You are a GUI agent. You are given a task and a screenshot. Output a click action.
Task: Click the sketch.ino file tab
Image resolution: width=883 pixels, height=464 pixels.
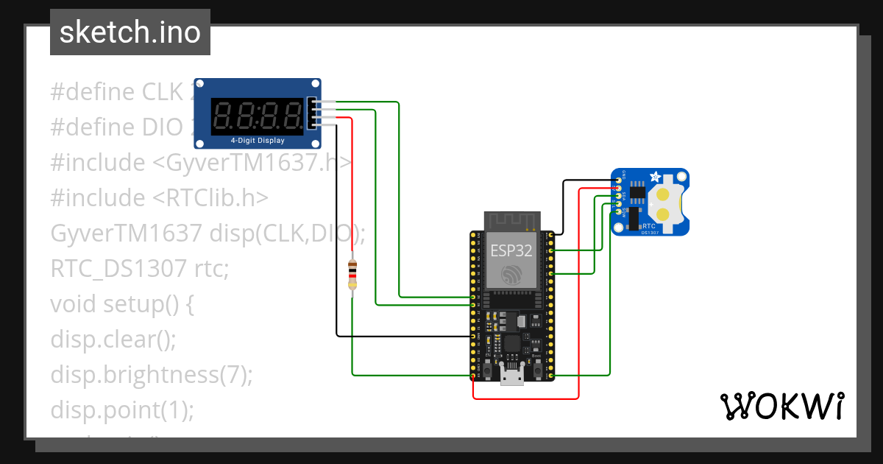click(130, 32)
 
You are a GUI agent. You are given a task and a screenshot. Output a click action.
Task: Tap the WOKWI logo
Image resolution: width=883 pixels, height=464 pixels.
click(781, 407)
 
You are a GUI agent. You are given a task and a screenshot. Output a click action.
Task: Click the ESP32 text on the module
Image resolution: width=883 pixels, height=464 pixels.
click(511, 250)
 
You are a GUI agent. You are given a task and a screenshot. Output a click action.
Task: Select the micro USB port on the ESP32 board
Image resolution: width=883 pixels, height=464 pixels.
click(511, 376)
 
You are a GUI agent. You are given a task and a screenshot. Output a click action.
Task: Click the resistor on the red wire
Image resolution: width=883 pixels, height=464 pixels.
click(352, 275)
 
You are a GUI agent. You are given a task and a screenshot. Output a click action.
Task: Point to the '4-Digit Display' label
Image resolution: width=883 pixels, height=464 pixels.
click(258, 140)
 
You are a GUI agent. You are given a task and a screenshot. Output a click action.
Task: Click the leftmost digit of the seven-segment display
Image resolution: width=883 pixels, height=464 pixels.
click(223, 116)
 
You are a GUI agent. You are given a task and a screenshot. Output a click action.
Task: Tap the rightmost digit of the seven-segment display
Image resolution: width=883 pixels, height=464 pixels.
click(292, 116)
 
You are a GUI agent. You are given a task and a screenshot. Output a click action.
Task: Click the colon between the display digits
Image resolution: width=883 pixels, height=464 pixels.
click(258, 116)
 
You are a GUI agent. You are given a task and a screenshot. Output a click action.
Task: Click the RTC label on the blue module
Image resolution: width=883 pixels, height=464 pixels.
click(649, 226)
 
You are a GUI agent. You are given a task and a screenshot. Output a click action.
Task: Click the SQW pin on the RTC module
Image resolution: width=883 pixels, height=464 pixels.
click(617, 213)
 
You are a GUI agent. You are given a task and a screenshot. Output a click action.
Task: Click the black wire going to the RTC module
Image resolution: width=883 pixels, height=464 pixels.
click(563, 206)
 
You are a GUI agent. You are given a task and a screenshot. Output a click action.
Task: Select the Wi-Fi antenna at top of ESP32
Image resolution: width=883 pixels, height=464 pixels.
click(511, 219)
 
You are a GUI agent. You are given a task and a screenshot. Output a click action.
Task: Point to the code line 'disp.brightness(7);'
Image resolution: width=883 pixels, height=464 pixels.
click(152, 374)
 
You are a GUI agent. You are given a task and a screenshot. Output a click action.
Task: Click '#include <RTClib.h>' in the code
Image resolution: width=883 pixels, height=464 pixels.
click(159, 197)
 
